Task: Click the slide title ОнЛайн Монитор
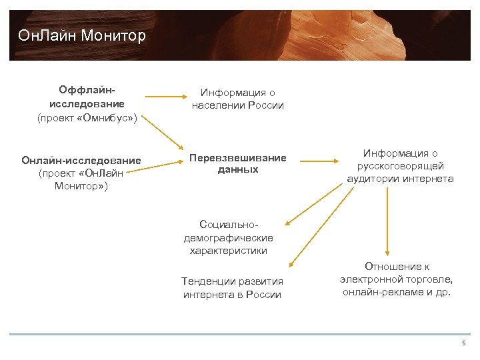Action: [x=82, y=35]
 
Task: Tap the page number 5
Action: [x=463, y=343]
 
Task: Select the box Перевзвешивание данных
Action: [x=237, y=164]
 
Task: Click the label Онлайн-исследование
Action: [x=81, y=160]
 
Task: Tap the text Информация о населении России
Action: [x=237, y=99]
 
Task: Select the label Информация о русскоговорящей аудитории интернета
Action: [x=400, y=166]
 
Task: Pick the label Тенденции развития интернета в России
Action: [x=232, y=288]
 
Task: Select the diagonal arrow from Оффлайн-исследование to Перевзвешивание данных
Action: [x=165, y=130]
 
